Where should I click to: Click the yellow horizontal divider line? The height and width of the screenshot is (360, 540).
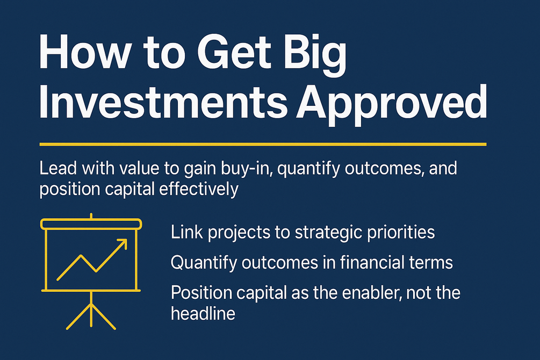coord(263,145)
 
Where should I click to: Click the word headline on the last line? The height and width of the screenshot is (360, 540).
coord(203,313)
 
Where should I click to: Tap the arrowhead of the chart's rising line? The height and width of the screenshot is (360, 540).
coord(123,243)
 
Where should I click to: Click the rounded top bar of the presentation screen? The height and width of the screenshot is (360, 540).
coord(91,224)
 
